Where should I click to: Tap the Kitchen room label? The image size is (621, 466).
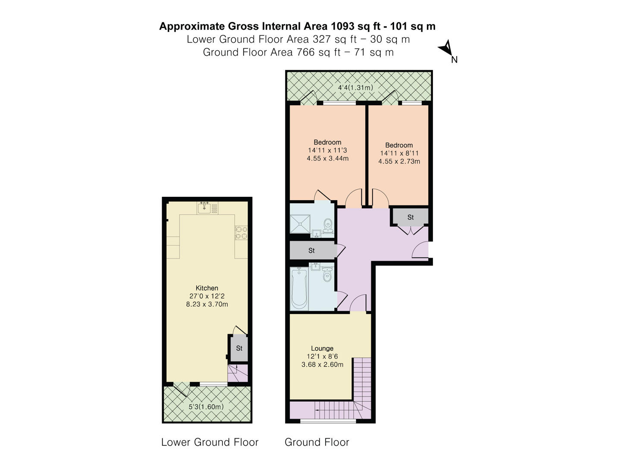[x=207, y=288]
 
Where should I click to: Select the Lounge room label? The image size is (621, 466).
[x=322, y=349]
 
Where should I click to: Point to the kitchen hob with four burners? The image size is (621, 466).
[x=241, y=233]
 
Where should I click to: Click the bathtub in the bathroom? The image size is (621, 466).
[x=299, y=289]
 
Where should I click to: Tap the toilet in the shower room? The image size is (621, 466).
[x=328, y=224]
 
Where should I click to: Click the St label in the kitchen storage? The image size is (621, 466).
[x=239, y=348]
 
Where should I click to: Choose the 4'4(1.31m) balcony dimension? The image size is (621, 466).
[x=355, y=88]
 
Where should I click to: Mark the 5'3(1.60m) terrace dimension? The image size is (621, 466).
[x=206, y=407]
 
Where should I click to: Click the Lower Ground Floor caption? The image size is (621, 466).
[x=210, y=442]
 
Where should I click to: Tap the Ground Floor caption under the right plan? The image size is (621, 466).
[x=317, y=442]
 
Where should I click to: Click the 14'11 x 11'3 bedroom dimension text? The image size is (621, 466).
[x=327, y=151]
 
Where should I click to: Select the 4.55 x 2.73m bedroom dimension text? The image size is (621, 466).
[x=399, y=161]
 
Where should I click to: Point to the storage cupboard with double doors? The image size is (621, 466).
[x=410, y=217]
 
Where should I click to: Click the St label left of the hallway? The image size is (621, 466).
[x=311, y=251]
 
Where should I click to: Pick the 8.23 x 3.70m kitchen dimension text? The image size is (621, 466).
[x=207, y=305]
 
